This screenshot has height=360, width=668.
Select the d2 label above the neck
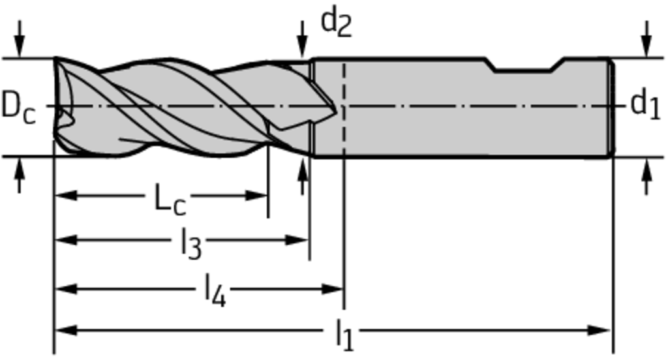[336, 23]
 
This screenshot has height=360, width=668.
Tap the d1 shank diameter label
[645, 104]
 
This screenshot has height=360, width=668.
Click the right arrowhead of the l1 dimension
[599, 330]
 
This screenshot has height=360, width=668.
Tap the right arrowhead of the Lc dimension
[257, 196]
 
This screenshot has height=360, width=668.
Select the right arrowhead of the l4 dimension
[332, 290]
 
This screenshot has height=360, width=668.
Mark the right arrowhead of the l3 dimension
[297, 240]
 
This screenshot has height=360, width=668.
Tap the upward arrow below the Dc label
[19, 175]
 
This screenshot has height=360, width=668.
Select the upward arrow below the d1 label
[647, 175]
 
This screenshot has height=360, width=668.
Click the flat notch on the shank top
[524, 70]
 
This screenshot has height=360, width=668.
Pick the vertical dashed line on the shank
[344, 106]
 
